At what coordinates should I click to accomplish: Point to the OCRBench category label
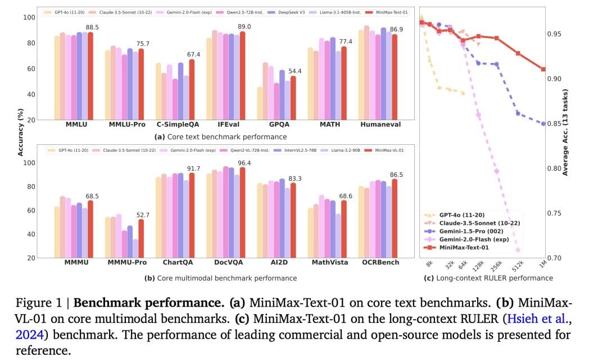click(x=380, y=262)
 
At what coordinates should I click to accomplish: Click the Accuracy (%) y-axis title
click(x=21, y=133)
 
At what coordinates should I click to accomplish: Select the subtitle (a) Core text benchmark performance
click(x=220, y=136)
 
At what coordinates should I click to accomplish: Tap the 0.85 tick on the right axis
click(x=555, y=124)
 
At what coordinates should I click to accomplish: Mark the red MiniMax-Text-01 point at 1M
click(x=543, y=69)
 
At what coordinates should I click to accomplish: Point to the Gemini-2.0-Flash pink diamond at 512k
click(x=518, y=250)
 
